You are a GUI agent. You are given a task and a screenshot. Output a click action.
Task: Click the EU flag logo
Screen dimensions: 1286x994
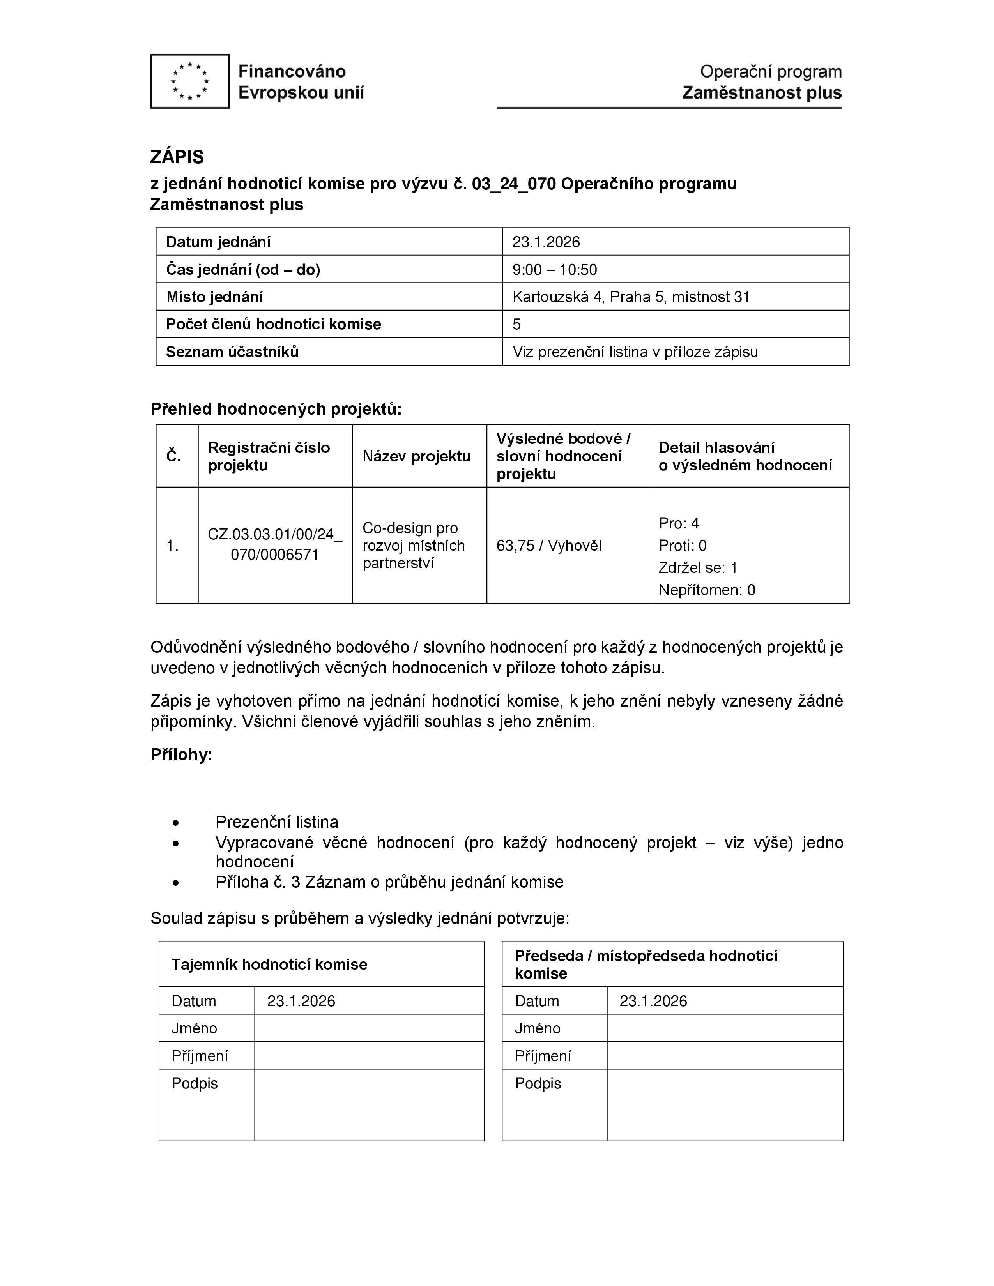pos(189,81)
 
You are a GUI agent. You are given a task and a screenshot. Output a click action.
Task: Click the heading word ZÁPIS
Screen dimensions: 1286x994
pos(177,157)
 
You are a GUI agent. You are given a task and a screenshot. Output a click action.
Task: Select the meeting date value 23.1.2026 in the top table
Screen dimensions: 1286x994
pos(546,242)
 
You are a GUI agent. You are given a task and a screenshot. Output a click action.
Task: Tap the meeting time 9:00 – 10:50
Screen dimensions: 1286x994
pos(554,270)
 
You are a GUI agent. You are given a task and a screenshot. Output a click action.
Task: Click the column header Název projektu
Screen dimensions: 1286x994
pos(416,456)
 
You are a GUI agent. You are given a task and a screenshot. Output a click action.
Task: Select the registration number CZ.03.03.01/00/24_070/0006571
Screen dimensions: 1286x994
pos(274,545)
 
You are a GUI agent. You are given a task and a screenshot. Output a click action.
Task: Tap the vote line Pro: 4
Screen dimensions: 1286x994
pos(679,523)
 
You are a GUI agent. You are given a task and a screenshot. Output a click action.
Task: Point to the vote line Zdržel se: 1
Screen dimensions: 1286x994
pos(698,568)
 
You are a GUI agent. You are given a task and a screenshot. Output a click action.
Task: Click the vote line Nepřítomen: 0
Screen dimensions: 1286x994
pos(707,590)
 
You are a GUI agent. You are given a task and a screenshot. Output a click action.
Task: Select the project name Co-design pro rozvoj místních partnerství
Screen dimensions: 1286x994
pos(413,545)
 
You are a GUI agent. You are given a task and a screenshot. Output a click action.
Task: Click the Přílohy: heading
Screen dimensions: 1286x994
pos(181,755)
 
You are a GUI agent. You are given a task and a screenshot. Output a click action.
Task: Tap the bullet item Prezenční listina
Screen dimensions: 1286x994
pos(277,822)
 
